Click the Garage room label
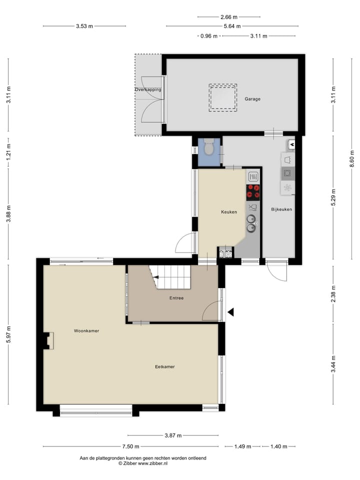tap(252, 99)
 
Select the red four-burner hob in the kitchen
tap(253, 192)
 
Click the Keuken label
tap(229, 212)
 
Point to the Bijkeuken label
tap(281, 209)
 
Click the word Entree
tap(176, 298)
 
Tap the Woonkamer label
tap(86, 330)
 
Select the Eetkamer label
tap(164, 366)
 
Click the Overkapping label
tap(148, 89)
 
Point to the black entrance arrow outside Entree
tap(230, 312)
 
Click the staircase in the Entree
tap(171, 277)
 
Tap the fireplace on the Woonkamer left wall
tap(49, 341)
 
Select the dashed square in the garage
tap(223, 97)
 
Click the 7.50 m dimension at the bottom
tap(130, 446)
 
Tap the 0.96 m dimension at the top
tap(209, 36)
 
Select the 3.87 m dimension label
tap(172, 435)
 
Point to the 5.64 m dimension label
tap(232, 26)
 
